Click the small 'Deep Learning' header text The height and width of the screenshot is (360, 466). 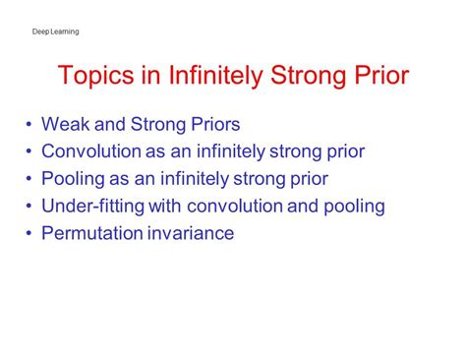click(x=56, y=31)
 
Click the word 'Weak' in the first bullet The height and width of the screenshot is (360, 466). click(x=65, y=125)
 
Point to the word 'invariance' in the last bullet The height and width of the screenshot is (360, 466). click(x=198, y=234)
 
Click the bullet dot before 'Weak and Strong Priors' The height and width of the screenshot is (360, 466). click(x=29, y=126)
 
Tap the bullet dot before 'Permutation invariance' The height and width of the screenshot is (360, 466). click(x=29, y=235)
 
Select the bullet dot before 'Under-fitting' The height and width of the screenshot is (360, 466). click(x=29, y=208)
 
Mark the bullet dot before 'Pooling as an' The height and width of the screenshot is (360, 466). click(x=29, y=180)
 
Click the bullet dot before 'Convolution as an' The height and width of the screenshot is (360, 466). click(x=29, y=152)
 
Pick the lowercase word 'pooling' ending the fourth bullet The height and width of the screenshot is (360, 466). click(x=351, y=208)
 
